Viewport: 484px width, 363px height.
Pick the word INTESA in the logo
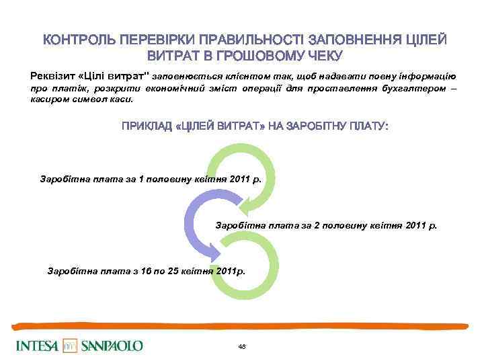point(38,346)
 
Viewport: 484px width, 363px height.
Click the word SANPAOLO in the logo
point(112,346)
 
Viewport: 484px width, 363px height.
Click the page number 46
point(242,346)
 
